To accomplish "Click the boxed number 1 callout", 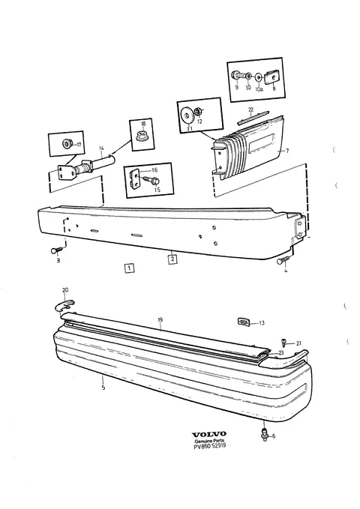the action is [x=129, y=268].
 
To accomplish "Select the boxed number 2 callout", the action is [x=172, y=259].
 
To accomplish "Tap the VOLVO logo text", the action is [x=209, y=434].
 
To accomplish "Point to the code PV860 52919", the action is [x=209, y=446].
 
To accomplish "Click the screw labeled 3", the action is [x=56, y=250].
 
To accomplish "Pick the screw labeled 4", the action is [x=282, y=261].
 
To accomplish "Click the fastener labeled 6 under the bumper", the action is [x=264, y=433].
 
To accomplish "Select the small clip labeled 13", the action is [x=243, y=322].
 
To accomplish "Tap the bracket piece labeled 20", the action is [x=64, y=304].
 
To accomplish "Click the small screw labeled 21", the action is [x=283, y=341].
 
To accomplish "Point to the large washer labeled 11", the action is [x=187, y=115].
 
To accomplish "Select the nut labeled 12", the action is [x=198, y=112].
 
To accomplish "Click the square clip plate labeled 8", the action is [x=272, y=77].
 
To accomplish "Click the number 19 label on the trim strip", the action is [x=160, y=320].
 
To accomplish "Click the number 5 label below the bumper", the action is [x=103, y=388].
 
